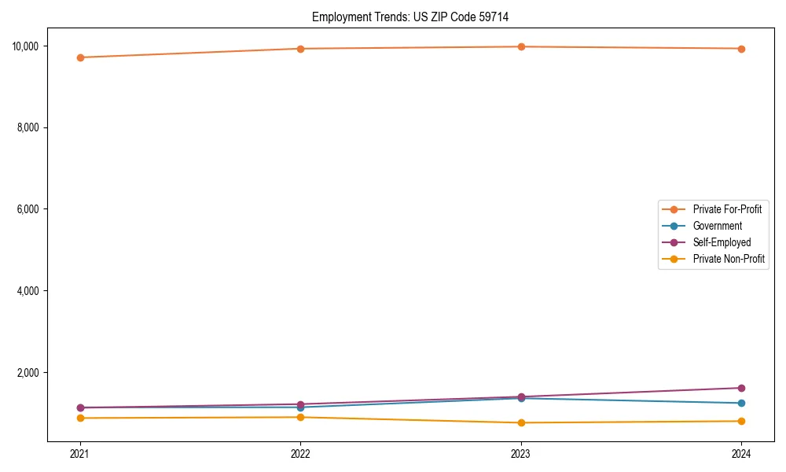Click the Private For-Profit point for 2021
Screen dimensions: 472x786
tap(80, 57)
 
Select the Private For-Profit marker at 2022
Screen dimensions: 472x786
tap(300, 49)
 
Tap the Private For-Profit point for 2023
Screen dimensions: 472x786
tap(521, 46)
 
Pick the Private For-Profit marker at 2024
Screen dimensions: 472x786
tap(741, 49)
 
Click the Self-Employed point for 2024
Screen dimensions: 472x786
tap(741, 388)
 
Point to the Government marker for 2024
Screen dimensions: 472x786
tap(741, 403)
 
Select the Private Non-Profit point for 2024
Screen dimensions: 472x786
tap(741, 421)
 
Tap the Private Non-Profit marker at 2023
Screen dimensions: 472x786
tap(521, 422)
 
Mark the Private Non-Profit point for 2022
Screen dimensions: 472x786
tap(300, 417)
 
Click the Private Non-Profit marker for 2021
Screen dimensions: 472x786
tap(80, 418)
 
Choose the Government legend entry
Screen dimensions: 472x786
tap(717, 226)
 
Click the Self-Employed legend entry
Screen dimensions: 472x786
tap(722, 242)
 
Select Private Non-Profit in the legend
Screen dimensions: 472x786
tap(729, 259)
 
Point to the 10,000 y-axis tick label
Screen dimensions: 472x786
tap(25, 46)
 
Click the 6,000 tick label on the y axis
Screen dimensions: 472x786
tap(28, 209)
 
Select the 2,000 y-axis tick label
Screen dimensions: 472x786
tap(28, 372)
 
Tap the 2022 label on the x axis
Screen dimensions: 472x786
tap(300, 453)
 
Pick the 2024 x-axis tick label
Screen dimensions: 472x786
tap(741, 453)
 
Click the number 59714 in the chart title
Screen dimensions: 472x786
tap(492, 17)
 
